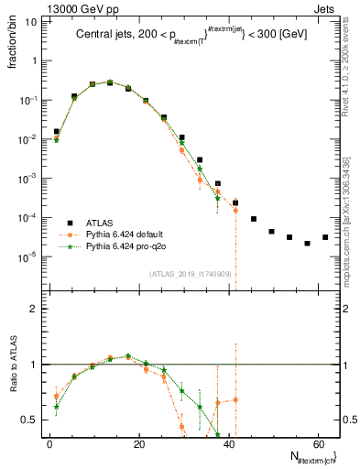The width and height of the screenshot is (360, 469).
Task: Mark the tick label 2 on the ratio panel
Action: [x=34, y=310]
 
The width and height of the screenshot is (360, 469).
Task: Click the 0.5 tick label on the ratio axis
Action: [x=30, y=420]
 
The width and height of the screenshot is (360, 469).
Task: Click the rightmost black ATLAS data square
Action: [x=325, y=237]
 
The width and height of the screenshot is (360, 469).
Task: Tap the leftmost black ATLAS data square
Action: [x=56, y=131]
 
